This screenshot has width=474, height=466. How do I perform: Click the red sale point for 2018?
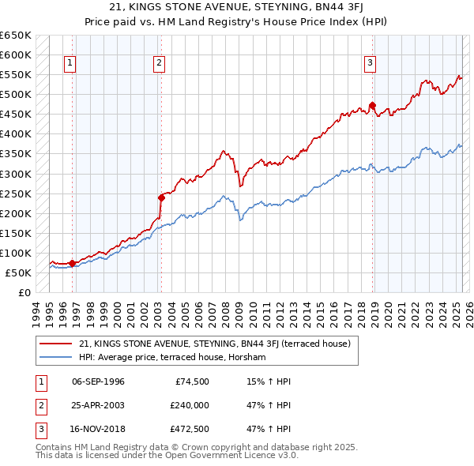[x=372, y=105]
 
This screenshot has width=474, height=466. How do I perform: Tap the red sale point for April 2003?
[x=161, y=197]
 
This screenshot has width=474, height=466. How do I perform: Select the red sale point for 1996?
[x=72, y=263]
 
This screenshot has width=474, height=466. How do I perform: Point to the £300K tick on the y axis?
[x=17, y=174]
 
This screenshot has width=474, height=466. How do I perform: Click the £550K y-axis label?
[x=17, y=74]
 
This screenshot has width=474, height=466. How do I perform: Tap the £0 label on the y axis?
[x=24, y=293]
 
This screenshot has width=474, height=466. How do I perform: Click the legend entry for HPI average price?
[x=172, y=357]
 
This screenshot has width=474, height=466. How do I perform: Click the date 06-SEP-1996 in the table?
[x=98, y=381]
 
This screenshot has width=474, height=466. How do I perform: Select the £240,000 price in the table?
[x=190, y=405]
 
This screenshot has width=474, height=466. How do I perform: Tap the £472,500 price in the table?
[x=190, y=429]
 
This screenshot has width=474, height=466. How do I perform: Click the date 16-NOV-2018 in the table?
[x=98, y=429]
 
